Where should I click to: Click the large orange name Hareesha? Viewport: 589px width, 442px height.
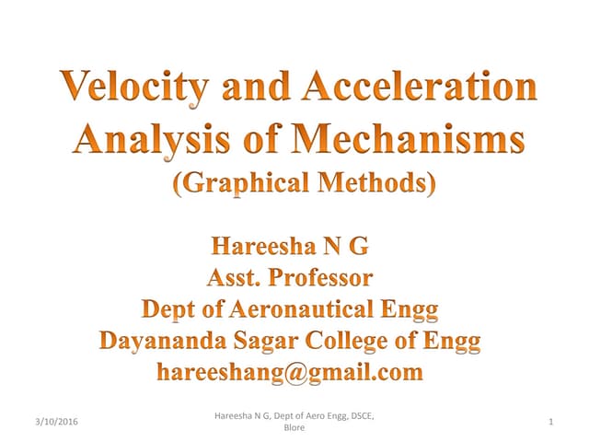266,246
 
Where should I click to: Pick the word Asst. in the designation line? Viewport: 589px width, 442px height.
237,277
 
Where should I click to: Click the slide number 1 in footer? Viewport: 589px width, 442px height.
549,422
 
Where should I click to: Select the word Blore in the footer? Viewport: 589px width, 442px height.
294,429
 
